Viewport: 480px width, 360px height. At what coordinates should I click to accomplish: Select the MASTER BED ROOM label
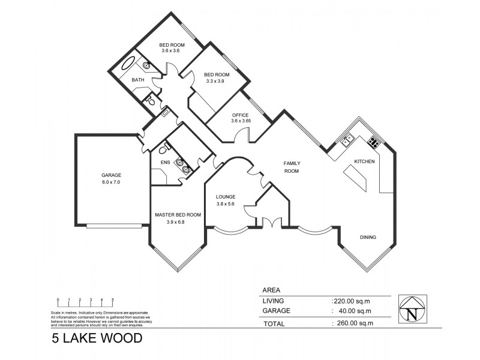click(178, 215)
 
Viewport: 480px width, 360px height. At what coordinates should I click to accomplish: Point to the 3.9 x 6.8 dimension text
click(177, 222)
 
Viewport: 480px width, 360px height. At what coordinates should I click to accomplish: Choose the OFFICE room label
click(240, 114)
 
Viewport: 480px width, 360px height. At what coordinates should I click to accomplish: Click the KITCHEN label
click(364, 162)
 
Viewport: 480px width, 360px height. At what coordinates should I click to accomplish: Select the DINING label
click(368, 237)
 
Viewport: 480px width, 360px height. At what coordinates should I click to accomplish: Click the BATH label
click(138, 80)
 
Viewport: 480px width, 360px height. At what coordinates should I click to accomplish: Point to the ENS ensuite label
click(165, 163)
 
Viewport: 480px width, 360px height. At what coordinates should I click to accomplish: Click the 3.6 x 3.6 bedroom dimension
click(172, 51)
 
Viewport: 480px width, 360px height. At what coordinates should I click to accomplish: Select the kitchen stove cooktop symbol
click(373, 142)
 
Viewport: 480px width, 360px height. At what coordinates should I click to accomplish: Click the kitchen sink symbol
click(346, 141)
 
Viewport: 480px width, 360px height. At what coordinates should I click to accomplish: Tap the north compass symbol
click(412, 310)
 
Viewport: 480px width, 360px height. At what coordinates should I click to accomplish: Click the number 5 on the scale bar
click(113, 299)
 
